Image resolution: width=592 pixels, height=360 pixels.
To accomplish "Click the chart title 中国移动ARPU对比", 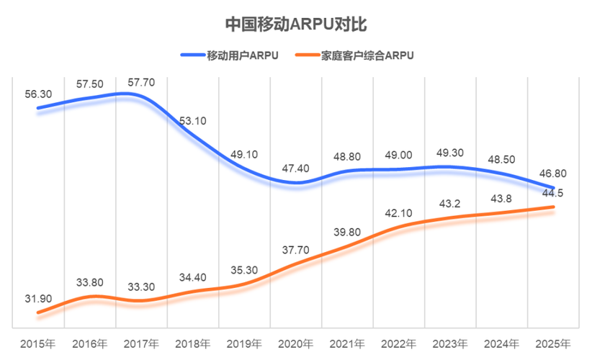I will [x=296, y=23].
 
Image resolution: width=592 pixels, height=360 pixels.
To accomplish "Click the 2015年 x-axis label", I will [x=38, y=343].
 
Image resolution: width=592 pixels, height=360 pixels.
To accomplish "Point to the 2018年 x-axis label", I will [x=193, y=343].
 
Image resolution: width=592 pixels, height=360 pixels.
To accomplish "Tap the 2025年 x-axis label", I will [x=553, y=343].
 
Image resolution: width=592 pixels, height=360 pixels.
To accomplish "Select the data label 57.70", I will [x=140, y=82].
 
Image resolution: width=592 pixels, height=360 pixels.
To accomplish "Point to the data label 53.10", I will [x=192, y=120].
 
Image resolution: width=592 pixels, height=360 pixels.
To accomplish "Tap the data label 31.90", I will [x=38, y=299].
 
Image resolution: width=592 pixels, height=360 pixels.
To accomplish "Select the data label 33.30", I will [x=140, y=287].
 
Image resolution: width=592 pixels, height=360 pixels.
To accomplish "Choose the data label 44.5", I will [x=553, y=192].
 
